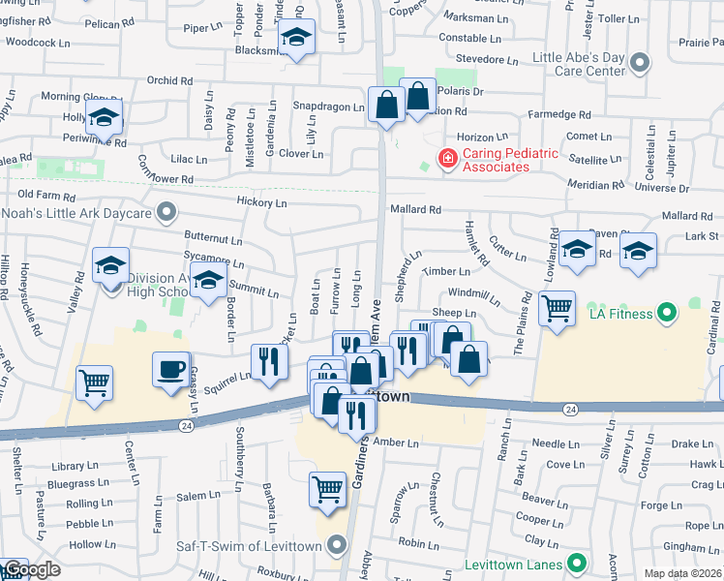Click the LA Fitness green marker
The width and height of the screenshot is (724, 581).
666,313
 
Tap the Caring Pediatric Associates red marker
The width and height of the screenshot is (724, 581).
447,158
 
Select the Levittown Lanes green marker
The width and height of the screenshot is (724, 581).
578,562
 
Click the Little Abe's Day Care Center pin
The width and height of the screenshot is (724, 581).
639,64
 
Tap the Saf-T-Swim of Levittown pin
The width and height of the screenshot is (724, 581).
337,545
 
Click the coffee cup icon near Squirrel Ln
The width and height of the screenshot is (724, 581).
171,370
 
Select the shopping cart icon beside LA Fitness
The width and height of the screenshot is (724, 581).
557,309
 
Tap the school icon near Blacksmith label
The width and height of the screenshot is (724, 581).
297,39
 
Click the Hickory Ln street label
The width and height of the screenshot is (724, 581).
262,203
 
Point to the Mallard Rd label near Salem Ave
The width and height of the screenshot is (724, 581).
415,209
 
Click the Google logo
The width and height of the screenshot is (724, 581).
31,569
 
